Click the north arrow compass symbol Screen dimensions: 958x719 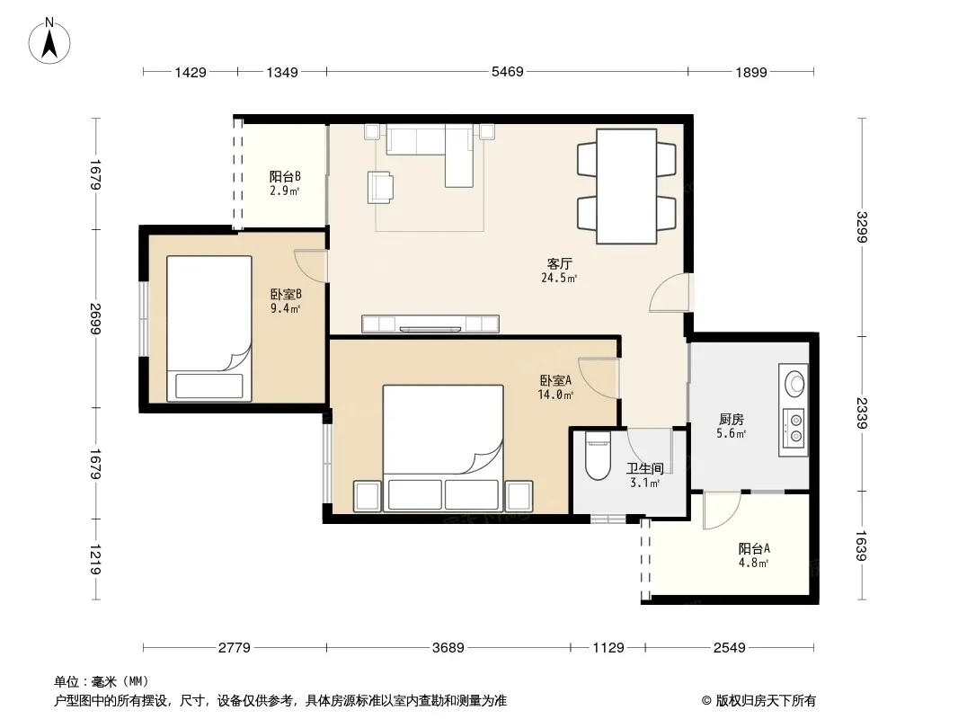[49, 41]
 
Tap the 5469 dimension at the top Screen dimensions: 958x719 [508, 72]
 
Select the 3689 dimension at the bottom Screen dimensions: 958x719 [448, 647]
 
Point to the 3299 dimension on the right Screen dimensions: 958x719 [862, 226]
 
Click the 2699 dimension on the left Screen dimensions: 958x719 [95, 318]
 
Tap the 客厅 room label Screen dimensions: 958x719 [559, 264]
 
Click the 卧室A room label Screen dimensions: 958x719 [555, 380]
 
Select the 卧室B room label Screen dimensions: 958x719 [286, 295]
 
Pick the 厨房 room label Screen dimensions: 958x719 [732, 420]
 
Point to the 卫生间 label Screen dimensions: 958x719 [644, 468]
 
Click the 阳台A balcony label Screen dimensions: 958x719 [754, 548]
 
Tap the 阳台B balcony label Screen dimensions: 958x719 [285, 176]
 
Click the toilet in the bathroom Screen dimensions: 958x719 [598, 455]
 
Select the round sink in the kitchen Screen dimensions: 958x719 [794, 382]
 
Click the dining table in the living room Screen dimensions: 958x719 [626, 186]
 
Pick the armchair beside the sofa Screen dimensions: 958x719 [380, 187]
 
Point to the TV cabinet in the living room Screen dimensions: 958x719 [430, 324]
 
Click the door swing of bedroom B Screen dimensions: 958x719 [310, 264]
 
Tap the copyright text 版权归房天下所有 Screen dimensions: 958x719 [766, 701]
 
